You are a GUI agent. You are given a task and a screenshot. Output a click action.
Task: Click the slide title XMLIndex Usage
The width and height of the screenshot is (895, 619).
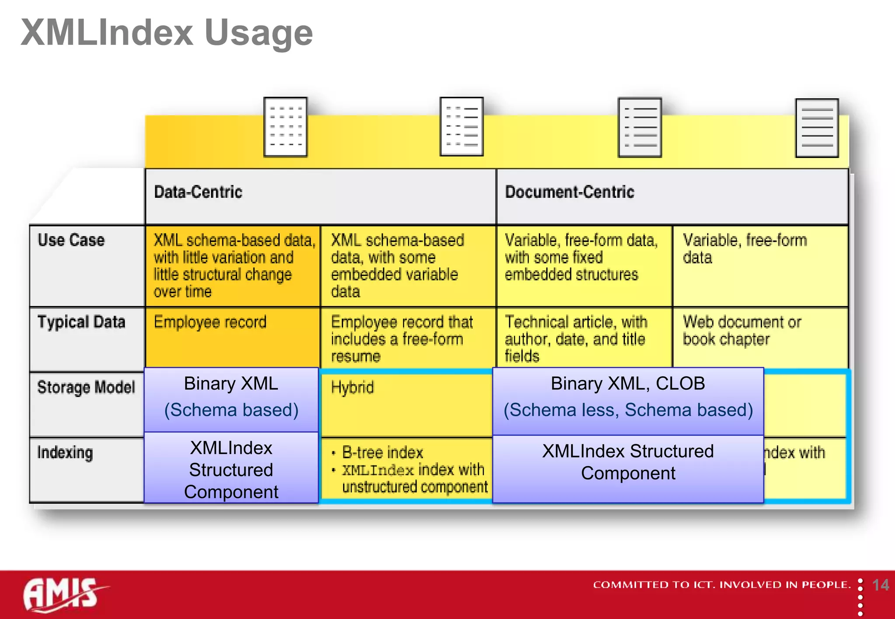click(167, 33)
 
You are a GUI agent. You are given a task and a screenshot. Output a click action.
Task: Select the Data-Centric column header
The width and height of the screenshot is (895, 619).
click(198, 192)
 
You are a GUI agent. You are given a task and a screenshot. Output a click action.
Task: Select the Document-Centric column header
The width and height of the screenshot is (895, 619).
click(569, 192)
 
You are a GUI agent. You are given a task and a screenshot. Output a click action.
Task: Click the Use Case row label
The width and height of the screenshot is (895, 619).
click(71, 240)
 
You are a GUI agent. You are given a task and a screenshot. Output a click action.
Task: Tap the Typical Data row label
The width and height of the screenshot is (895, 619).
click(81, 322)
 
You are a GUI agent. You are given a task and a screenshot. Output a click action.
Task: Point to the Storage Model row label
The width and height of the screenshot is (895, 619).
click(86, 387)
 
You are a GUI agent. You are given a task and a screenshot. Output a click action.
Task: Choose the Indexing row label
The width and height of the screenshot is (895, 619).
click(65, 453)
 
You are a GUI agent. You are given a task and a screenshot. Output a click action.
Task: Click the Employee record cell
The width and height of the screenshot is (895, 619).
click(210, 322)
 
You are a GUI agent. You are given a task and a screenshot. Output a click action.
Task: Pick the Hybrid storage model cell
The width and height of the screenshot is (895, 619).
click(352, 388)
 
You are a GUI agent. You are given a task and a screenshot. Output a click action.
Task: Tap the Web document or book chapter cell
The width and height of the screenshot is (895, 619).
click(742, 330)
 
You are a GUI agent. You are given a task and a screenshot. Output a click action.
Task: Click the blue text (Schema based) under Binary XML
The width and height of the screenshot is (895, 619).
click(231, 410)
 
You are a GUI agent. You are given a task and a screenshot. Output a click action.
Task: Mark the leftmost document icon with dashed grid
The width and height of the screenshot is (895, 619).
click(285, 127)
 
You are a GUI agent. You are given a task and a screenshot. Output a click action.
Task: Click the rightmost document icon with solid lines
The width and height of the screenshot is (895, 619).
click(817, 127)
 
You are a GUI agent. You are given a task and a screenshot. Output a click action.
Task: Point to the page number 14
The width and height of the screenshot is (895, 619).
click(880, 585)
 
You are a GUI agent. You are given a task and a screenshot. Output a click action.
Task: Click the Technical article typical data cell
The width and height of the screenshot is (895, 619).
click(576, 338)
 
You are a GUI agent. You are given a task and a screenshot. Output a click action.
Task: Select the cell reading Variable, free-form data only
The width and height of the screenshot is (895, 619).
click(745, 249)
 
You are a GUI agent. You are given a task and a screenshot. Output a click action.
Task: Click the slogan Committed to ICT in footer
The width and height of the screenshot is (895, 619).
click(722, 585)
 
